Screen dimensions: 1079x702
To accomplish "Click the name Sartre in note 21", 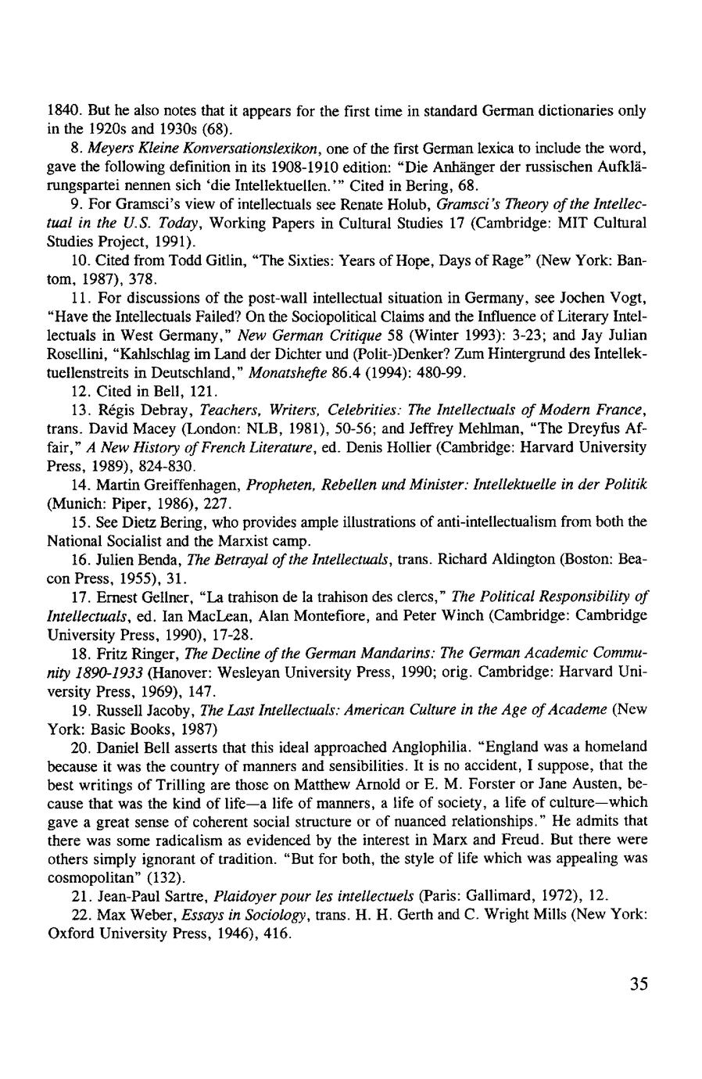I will click(188, 896).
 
